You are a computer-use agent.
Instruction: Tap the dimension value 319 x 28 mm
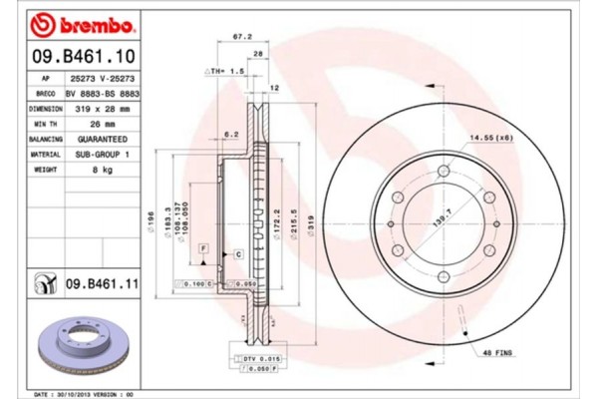tap(105, 108)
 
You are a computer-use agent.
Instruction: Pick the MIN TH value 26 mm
tap(105, 123)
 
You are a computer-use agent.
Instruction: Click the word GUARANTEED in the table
tap(105, 139)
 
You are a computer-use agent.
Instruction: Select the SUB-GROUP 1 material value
tap(105, 155)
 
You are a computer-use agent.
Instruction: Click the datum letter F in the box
tap(202, 245)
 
